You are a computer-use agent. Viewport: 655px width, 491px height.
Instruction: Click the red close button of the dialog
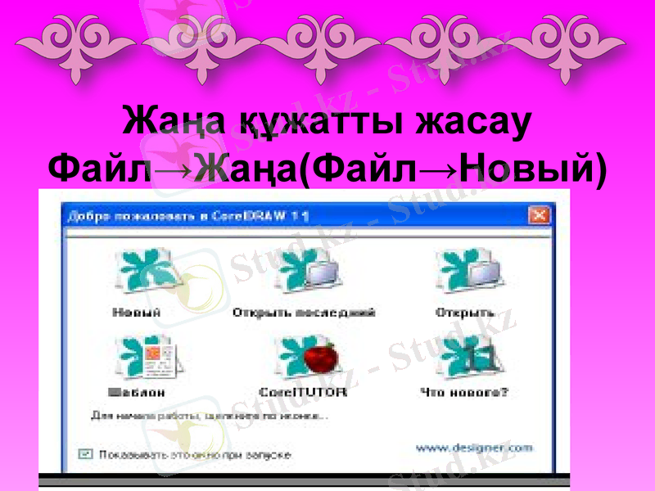[539, 216]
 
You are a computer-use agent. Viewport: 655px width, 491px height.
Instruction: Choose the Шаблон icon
[147, 357]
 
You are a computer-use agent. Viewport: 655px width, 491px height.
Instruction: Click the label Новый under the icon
[136, 313]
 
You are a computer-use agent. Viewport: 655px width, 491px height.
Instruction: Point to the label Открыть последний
[304, 313]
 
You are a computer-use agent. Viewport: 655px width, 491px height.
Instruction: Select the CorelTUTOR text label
[303, 393]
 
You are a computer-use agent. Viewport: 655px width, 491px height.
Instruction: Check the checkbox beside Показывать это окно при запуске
[84, 453]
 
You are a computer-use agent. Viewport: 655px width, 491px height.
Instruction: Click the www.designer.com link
[474, 448]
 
